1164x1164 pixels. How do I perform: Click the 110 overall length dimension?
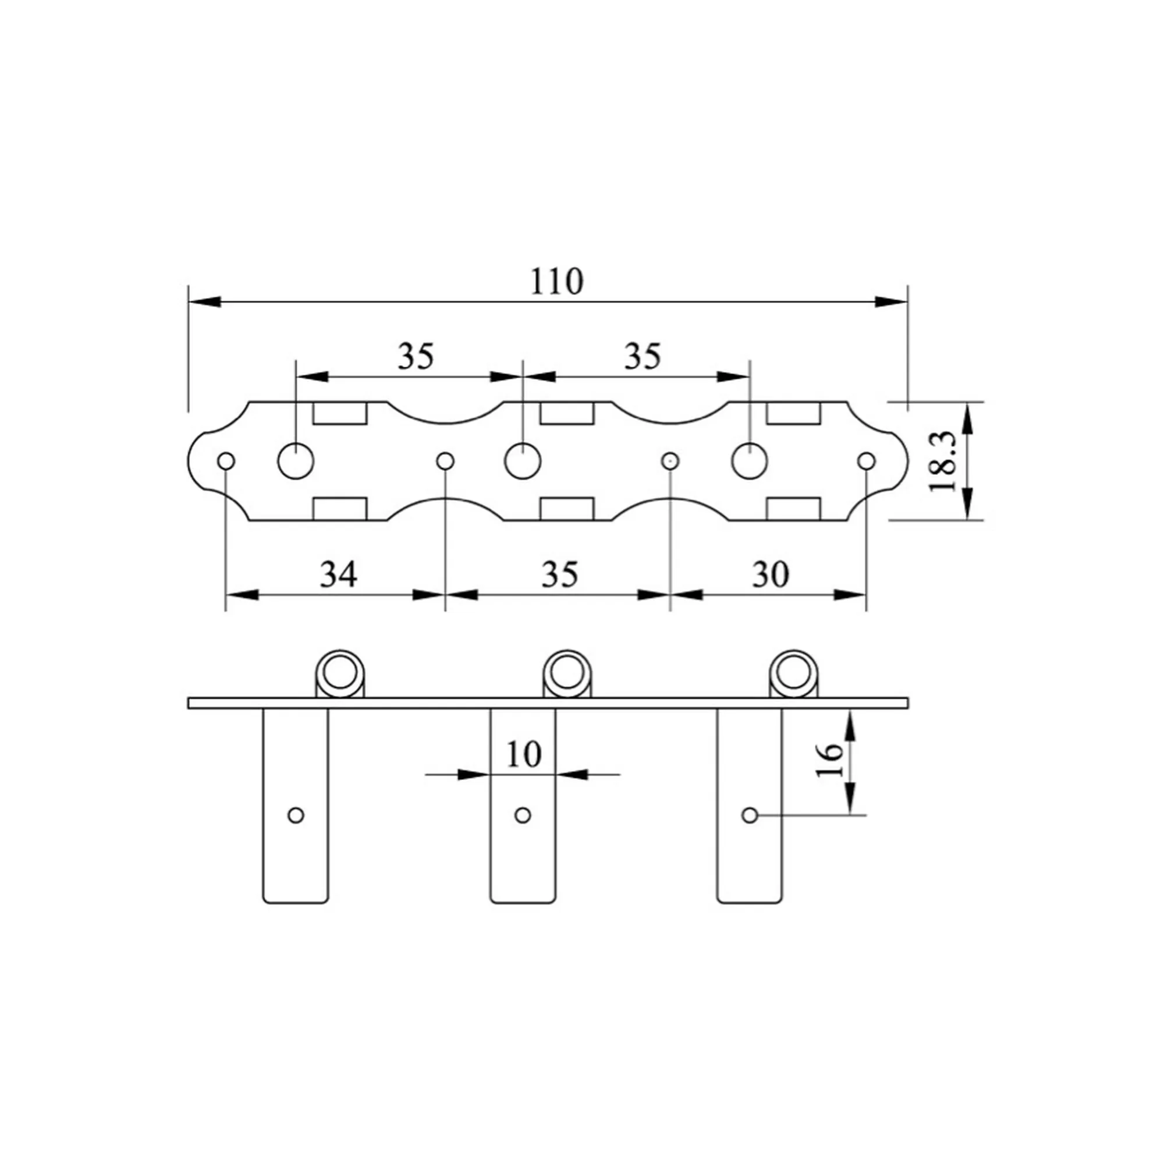click(x=557, y=281)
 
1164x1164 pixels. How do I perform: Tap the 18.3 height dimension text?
click(x=943, y=461)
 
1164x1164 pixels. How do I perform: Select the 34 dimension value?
click(x=338, y=574)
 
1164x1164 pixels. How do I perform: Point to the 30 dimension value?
click(x=770, y=574)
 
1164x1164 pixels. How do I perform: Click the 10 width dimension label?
click(x=524, y=754)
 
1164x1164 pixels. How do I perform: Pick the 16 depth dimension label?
click(x=829, y=760)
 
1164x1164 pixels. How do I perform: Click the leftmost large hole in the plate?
click(x=296, y=462)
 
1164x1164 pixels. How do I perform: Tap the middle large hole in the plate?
click(x=523, y=462)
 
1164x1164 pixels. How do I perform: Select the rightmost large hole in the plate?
click(x=750, y=462)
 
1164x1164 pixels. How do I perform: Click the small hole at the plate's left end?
click(x=226, y=462)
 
